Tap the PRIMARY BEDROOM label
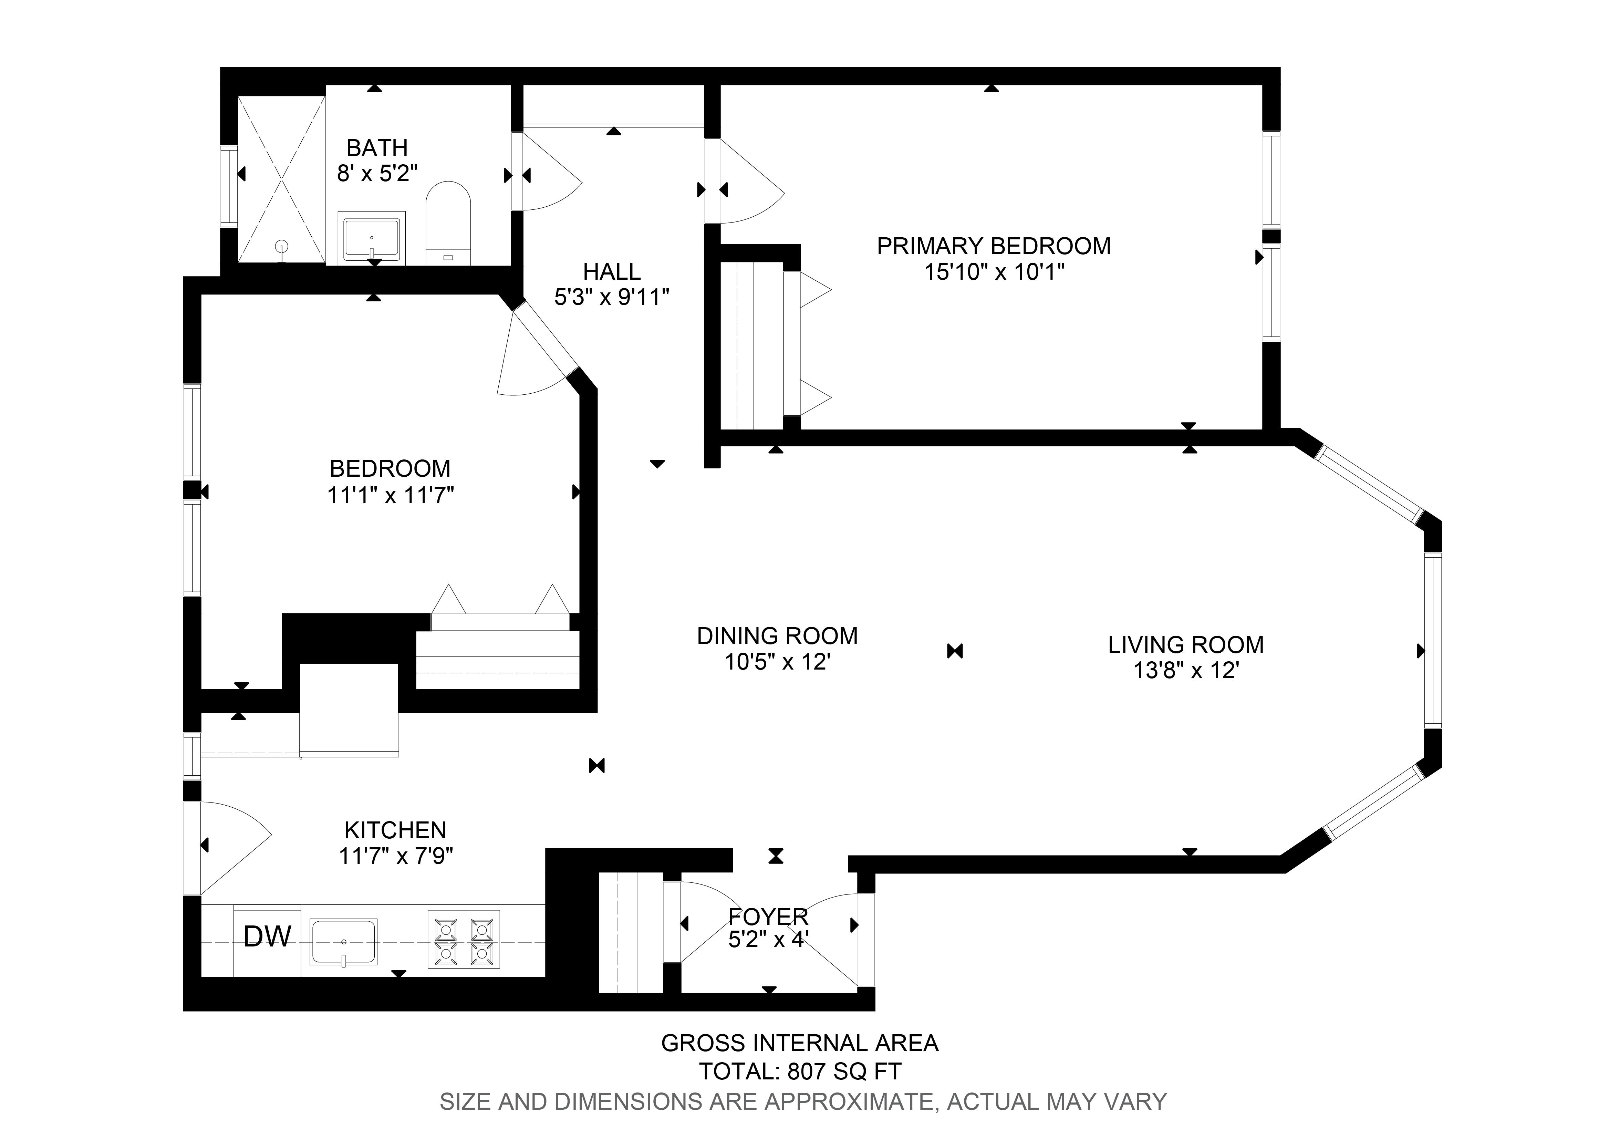[x=994, y=246]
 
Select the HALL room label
[x=611, y=271]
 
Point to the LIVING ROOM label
[x=1185, y=644]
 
